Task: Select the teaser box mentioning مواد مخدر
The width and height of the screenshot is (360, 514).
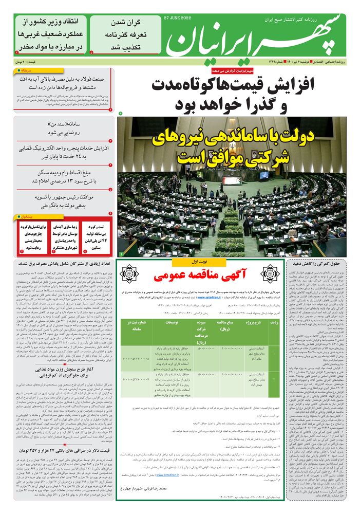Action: (x=50, y=34)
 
